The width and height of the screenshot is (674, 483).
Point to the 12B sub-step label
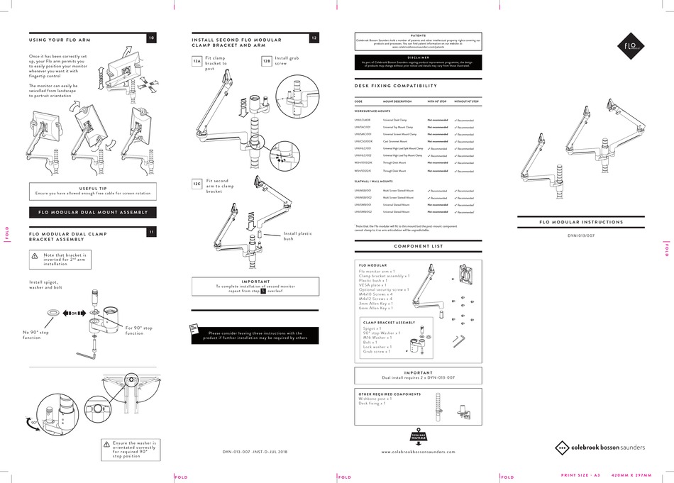click(x=266, y=62)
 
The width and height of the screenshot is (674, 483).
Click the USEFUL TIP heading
click(x=93, y=188)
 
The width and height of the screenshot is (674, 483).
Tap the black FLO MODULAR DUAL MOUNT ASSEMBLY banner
click(x=93, y=212)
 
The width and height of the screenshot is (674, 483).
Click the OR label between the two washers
click(x=73, y=312)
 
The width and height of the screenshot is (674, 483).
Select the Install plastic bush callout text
click(x=298, y=236)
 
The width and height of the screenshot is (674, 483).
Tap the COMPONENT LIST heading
click(x=418, y=246)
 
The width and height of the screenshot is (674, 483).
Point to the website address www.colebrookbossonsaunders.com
click(x=419, y=451)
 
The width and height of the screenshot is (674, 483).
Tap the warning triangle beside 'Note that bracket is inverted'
click(x=33, y=258)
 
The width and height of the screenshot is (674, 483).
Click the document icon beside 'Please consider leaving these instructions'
click(x=194, y=328)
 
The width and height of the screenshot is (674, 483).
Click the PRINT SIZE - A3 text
click(x=580, y=474)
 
